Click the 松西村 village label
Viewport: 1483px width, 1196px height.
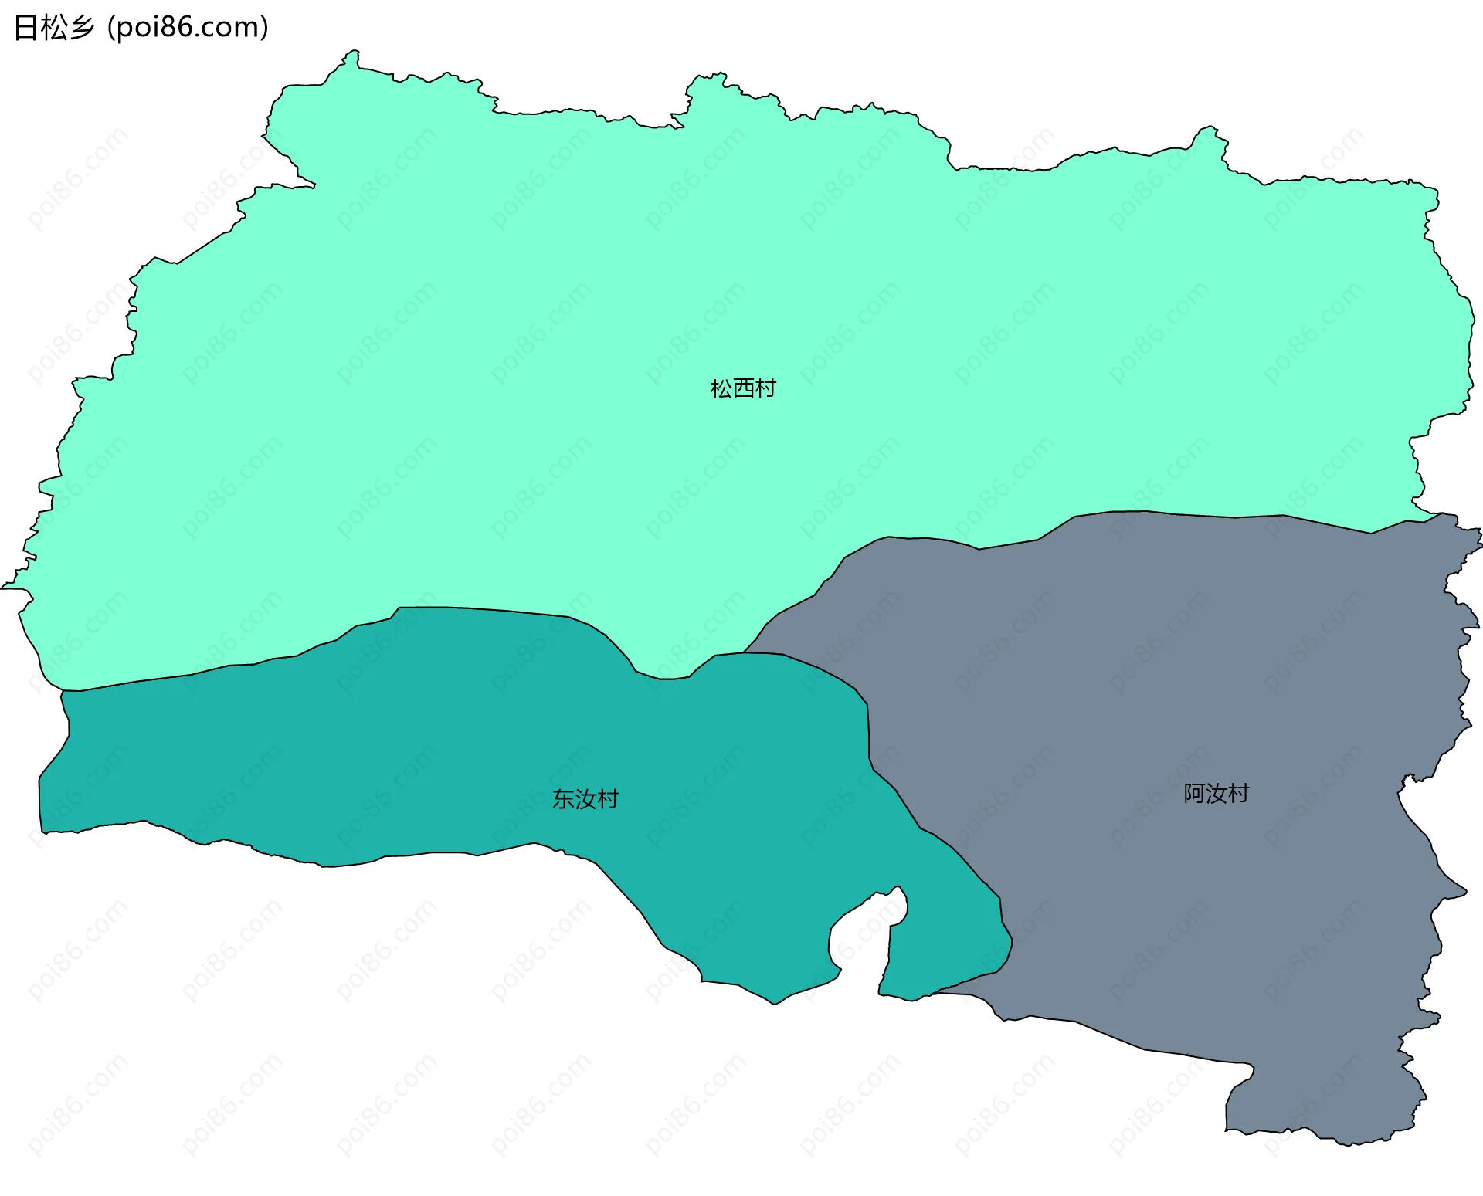coord(743,388)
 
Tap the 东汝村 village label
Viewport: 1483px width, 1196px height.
coord(585,799)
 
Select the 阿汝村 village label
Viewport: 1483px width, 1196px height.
coord(1216,794)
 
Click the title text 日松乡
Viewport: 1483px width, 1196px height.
coord(54,28)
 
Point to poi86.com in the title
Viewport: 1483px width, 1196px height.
coord(188,28)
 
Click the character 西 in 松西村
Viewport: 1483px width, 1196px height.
coord(743,388)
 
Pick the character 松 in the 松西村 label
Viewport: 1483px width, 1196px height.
coord(721,388)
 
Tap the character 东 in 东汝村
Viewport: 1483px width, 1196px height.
coord(563,799)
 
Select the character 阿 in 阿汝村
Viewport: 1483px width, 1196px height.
coord(1194,794)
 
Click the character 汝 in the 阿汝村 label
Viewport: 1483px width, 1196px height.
coord(1217,794)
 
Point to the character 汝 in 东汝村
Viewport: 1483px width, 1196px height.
coord(585,799)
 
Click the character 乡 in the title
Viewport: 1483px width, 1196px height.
coord(82,28)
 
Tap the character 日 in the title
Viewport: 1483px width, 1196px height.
coord(26,28)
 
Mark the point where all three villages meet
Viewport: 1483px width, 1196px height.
coord(744,653)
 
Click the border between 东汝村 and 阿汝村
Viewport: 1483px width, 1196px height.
coord(896,789)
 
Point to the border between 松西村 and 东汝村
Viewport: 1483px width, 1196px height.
coord(463,608)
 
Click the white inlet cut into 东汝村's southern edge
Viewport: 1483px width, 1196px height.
coord(857,938)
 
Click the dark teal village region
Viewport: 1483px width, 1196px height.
coord(386,757)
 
